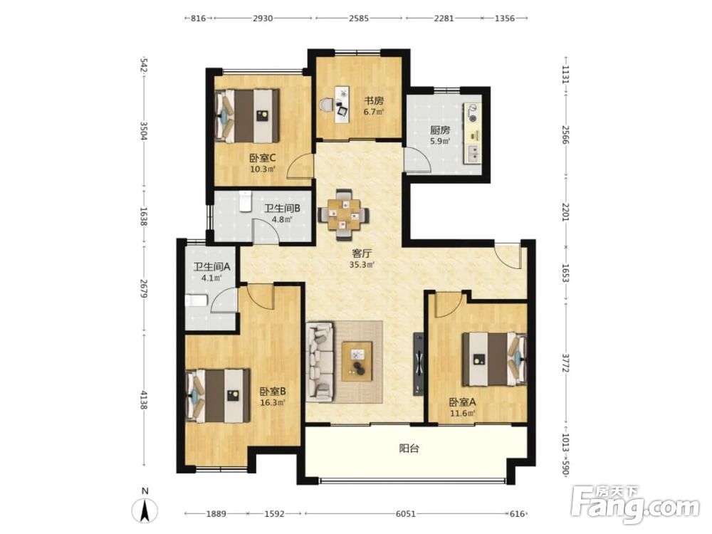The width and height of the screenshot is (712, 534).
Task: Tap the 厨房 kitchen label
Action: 440,130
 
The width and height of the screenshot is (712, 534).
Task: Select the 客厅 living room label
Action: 362,253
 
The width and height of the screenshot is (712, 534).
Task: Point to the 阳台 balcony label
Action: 409,449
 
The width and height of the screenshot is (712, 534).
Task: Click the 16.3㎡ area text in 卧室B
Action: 273,402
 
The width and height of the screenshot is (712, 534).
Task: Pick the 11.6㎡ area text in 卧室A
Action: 462,413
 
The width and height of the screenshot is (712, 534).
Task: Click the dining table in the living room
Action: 343,214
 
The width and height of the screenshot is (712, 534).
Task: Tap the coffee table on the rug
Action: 357,362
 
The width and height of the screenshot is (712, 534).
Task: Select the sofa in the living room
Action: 320,362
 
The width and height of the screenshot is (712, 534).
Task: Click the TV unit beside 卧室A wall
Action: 418,364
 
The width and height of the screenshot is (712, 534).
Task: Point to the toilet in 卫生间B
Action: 245,201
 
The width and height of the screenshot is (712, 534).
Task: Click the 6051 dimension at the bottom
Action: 406,513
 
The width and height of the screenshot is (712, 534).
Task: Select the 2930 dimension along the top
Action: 263,19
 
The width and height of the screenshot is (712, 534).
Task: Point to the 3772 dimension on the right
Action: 565,363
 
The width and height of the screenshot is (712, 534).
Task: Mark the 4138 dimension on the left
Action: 144,400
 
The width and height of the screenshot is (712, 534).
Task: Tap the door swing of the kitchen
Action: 418,159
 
